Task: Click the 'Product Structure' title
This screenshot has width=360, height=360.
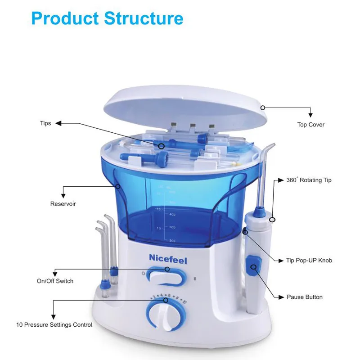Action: click(x=108, y=18)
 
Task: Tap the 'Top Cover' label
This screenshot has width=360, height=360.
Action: click(x=310, y=125)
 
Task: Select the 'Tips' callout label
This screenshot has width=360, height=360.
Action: click(x=45, y=123)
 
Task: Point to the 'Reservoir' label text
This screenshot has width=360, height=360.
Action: click(x=63, y=204)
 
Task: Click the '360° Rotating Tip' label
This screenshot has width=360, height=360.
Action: click(x=309, y=180)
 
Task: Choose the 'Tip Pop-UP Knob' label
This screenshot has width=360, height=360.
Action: click(x=309, y=261)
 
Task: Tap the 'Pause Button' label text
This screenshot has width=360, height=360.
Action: click(x=305, y=297)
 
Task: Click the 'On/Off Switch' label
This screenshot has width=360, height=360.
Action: click(x=55, y=281)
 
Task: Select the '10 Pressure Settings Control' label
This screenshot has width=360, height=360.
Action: click(x=54, y=324)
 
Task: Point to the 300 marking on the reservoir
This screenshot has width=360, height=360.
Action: click(x=172, y=228)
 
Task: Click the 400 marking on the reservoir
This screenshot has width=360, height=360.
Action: click(x=172, y=215)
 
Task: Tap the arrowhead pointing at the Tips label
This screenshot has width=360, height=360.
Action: click(x=58, y=123)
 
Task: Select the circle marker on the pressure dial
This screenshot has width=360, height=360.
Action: click(x=166, y=299)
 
